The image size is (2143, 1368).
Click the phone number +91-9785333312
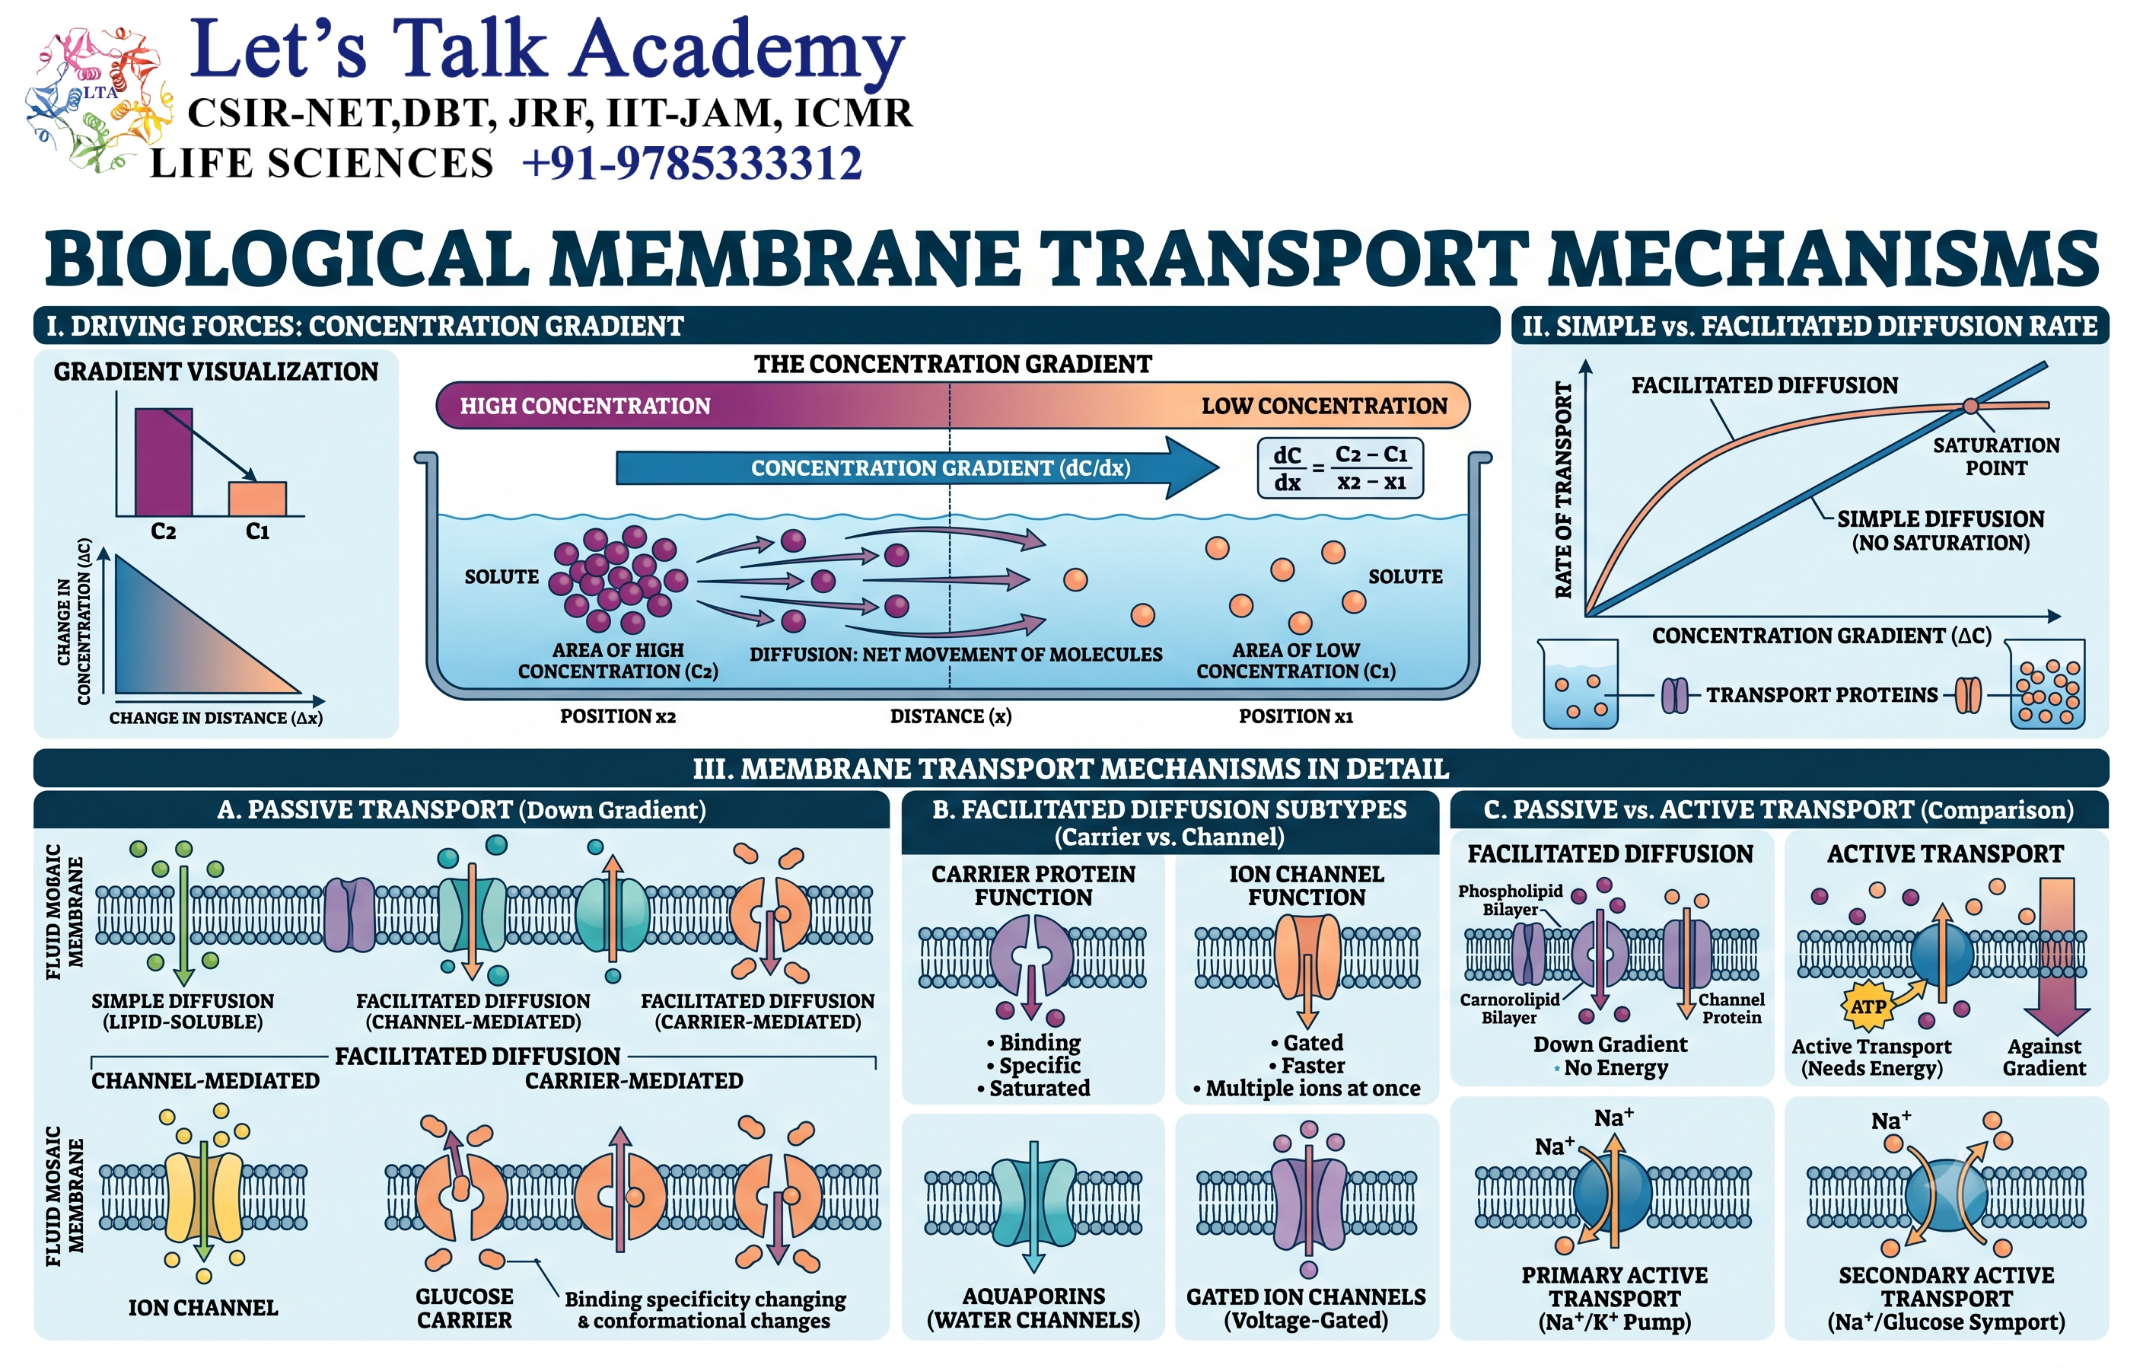(692, 164)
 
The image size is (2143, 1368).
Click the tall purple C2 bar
(164, 462)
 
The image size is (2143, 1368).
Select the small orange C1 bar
(257, 499)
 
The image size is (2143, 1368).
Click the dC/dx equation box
(1339, 468)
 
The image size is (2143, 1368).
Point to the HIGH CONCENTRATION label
(584, 406)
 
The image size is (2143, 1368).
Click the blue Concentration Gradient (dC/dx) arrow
(917, 468)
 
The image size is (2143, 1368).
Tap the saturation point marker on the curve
(1970, 407)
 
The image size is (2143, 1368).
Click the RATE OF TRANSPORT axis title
(1563, 489)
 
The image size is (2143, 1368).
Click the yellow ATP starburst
(1868, 1006)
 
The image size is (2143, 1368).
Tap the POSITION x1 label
(1296, 716)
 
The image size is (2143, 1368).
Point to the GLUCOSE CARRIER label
(464, 1309)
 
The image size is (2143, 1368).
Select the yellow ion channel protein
(204, 1198)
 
